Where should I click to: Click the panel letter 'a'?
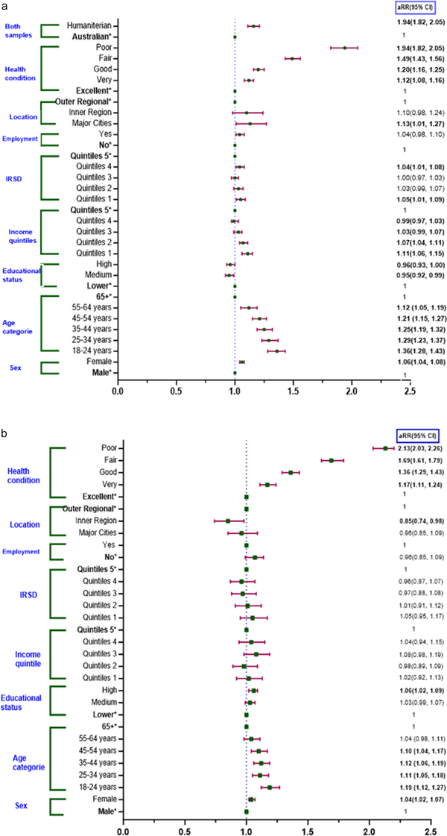click(5, 6)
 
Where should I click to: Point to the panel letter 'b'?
click(5, 432)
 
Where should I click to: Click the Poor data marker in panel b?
click(385, 448)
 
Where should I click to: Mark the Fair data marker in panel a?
click(367, 57)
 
